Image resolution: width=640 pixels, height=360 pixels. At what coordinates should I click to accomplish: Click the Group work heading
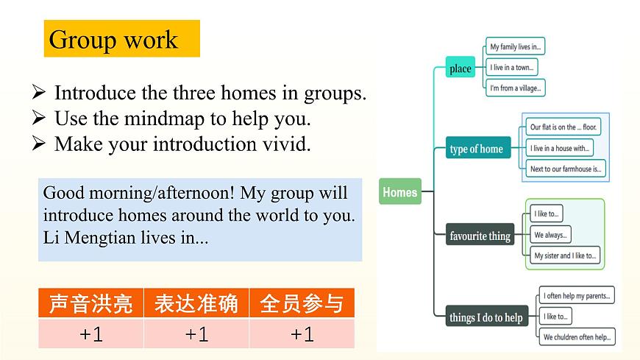coord(113,39)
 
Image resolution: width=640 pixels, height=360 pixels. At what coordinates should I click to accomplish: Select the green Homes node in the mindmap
coord(400,193)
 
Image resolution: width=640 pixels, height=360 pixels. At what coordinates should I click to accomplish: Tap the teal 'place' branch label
coord(460,69)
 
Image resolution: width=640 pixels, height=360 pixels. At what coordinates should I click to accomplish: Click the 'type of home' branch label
coord(476,149)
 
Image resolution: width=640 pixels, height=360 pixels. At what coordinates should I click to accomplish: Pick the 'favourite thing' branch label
coord(480,236)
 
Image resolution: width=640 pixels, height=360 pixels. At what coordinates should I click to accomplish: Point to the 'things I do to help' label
coord(486,317)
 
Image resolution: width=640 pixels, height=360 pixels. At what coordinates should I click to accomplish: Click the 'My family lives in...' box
coord(515,47)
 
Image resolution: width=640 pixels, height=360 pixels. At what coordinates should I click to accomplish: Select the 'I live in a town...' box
coord(511,68)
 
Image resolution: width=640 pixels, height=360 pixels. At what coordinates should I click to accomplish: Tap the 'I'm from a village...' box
coord(515,88)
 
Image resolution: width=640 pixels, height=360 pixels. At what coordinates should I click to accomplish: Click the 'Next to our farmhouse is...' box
coord(566,169)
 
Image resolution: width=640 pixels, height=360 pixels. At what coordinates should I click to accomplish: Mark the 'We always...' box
coord(550,235)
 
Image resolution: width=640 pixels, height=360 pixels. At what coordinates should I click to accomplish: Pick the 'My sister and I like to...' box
coord(565,255)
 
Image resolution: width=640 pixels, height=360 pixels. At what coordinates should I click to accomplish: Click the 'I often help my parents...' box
coord(576,296)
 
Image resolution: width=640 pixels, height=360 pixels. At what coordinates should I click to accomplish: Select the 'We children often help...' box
coord(577,337)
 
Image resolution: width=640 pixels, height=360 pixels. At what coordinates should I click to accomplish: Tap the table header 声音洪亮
coord(90,303)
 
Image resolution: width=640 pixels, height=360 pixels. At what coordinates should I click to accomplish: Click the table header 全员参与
coord(302,303)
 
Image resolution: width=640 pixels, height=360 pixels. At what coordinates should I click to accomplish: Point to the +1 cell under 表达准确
coord(196,334)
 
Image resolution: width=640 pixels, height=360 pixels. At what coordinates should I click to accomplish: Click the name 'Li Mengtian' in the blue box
coord(82,239)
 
